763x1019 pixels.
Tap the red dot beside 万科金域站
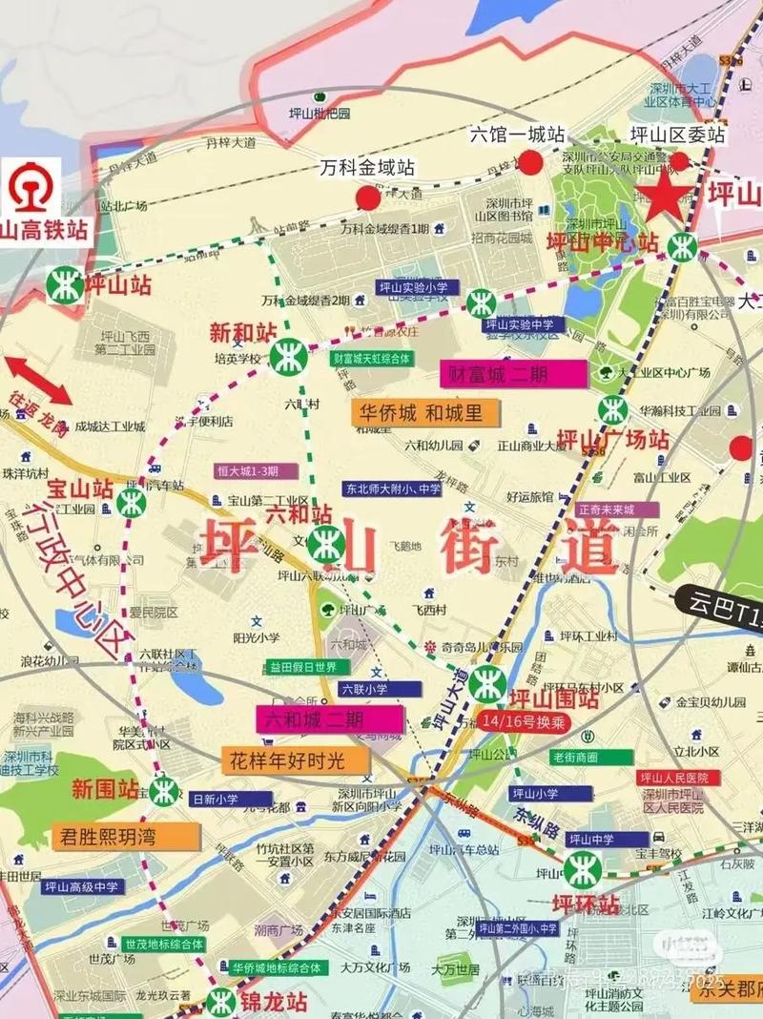(x=367, y=198)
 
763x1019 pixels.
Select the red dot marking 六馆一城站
(x=531, y=162)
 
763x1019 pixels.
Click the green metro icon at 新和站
(x=287, y=357)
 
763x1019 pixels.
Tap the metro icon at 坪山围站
(x=488, y=683)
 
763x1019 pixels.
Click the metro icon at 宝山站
(x=131, y=502)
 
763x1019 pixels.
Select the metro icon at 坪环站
(x=581, y=869)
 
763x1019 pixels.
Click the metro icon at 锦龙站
(x=222, y=1001)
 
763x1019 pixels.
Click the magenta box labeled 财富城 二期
(x=512, y=374)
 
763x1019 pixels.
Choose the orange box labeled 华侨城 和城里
(x=421, y=413)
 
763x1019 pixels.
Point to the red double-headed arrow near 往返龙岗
(x=39, y=379)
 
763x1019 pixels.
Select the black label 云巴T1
(x=726, y=611)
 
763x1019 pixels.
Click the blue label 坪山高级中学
(x=83, y=886)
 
